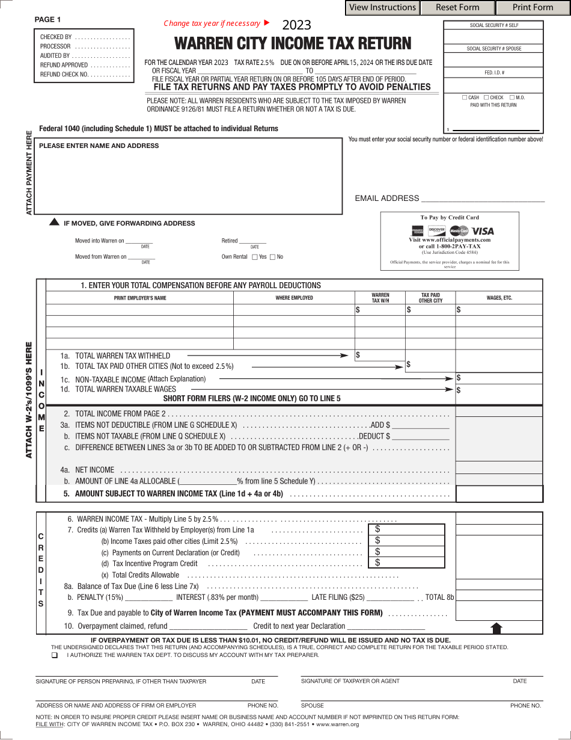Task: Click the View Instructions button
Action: (382, 8)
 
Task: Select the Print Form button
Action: (533, 8)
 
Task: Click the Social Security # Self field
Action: (493, 37)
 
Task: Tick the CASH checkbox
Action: (465, 97)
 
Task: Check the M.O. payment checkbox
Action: (511, 97)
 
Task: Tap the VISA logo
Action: (483, 231)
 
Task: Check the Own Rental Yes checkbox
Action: (255, 257)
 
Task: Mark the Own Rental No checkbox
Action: (272, 257)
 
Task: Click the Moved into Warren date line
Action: (139, 241)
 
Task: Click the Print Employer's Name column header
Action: (140, 298)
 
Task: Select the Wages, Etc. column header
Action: (499, 298)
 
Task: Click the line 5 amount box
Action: (499, 494)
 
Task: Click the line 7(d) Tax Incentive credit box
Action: (406, 563)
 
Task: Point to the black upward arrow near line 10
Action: (496, 628)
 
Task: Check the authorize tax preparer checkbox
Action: (55, 655)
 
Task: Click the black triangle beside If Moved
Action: (54, 223)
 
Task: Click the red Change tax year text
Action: (212, 23)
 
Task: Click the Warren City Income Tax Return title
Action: (293, 44)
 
